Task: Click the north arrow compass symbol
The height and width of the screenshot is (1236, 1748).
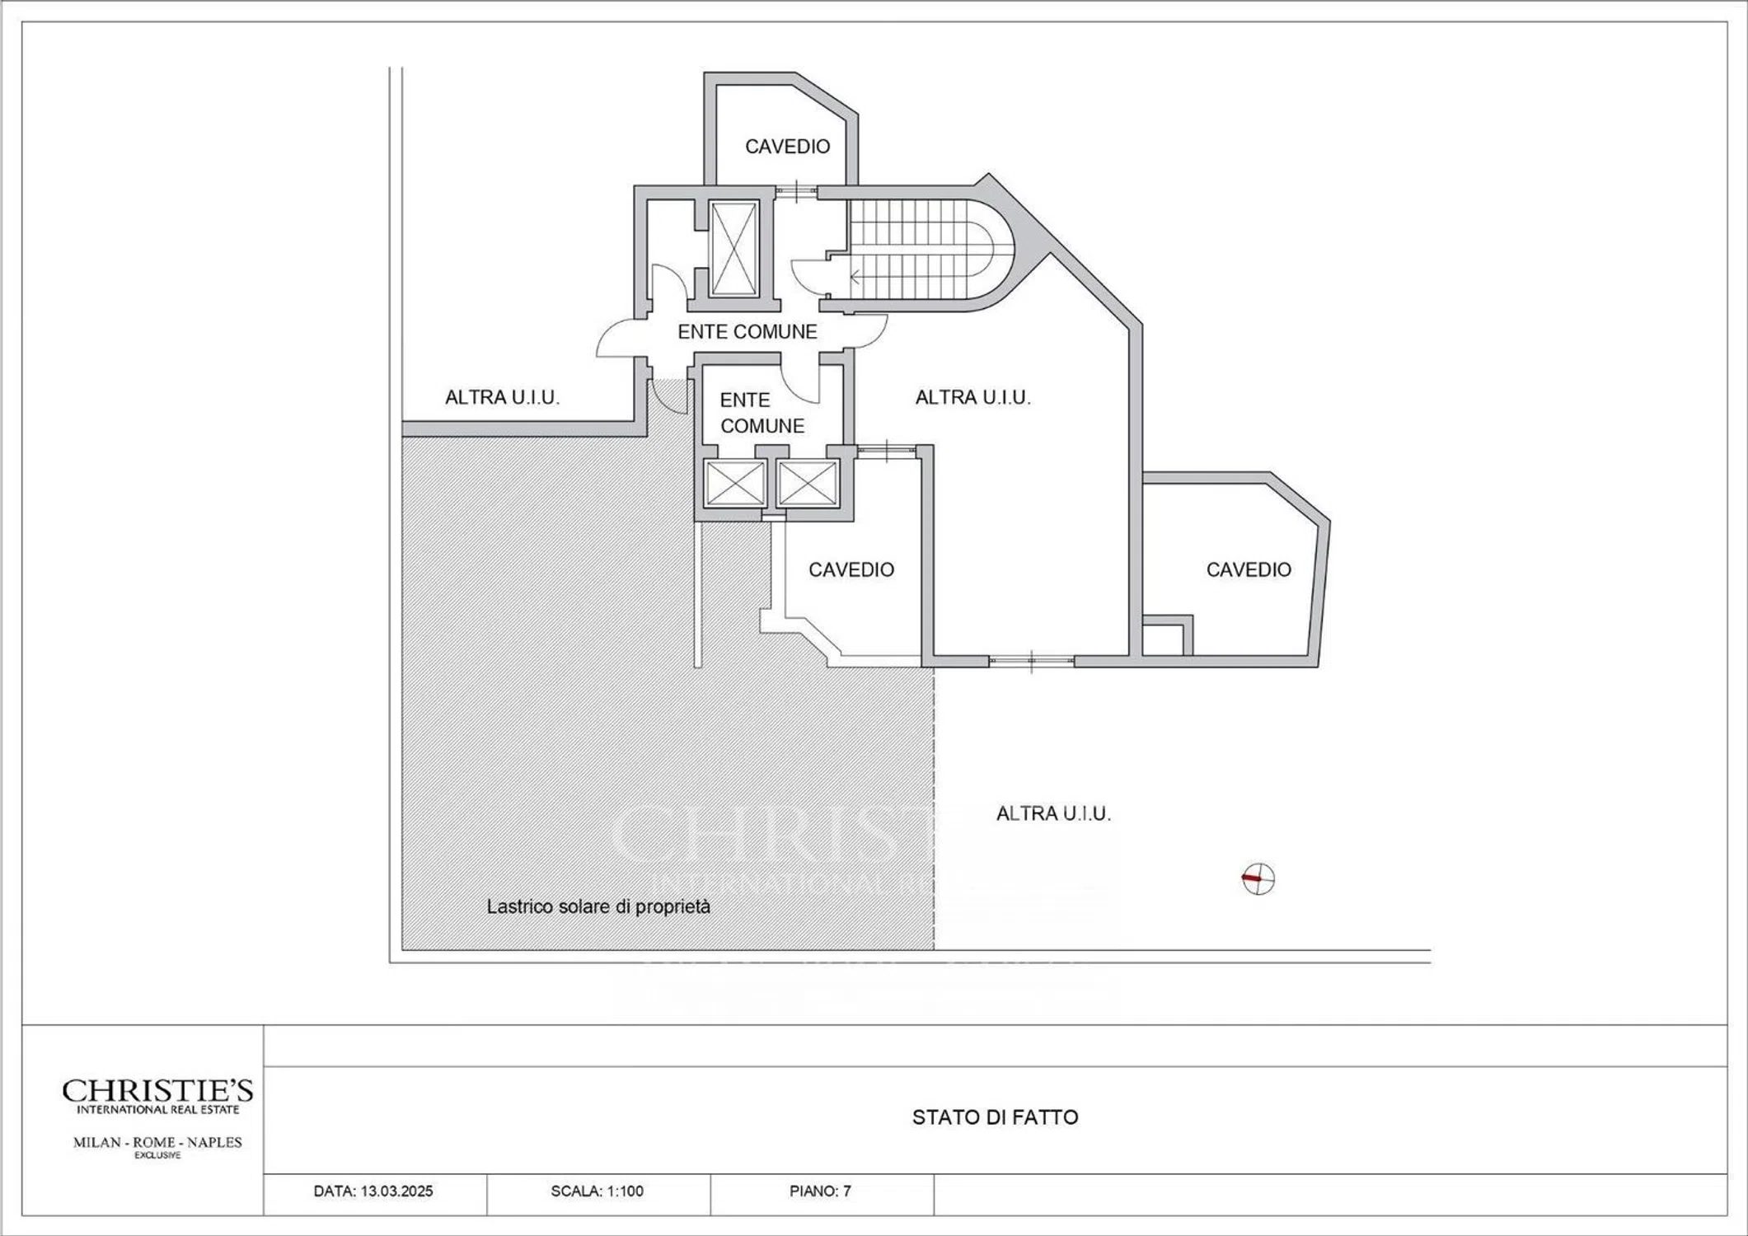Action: (1258, 879)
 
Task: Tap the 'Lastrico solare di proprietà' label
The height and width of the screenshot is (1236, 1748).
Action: (598, 906)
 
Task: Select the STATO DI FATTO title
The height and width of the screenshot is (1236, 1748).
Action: (995, 1117)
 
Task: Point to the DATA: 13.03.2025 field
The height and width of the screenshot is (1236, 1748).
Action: (373, 1191)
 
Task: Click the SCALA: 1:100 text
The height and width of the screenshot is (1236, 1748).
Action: (598, 1191)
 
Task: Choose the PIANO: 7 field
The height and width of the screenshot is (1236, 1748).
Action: (820, 1191)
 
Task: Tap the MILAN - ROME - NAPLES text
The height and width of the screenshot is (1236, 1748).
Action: (157, 1142)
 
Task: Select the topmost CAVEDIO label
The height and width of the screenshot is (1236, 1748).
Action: (787, 147)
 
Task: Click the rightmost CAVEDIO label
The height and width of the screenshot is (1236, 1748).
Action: (1249, 569)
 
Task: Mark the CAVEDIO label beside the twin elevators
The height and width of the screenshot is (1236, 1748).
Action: (851, 569)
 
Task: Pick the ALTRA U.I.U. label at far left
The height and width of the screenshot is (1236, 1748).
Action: (502, 397)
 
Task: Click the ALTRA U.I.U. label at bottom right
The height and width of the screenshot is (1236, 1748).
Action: (1053, 813)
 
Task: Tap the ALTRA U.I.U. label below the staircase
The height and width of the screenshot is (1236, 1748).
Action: (972, 397)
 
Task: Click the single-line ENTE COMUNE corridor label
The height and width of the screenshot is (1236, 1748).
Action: (747, 331)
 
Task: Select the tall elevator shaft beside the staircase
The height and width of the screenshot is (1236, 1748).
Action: (734, 248)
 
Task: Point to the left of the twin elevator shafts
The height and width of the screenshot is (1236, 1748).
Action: (735, 483)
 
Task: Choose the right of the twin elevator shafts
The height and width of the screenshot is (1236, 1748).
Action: (808, 483)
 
